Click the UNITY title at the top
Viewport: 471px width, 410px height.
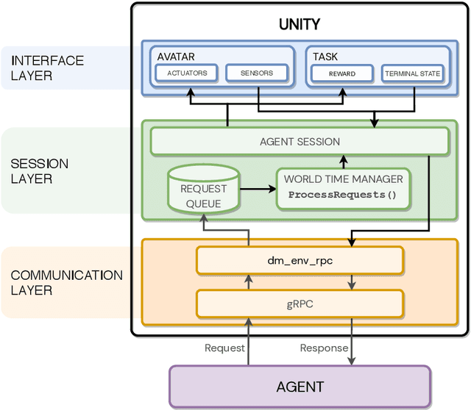point(300,24)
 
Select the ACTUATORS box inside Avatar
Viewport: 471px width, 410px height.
point(187,73)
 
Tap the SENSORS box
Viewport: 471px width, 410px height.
point(256,73)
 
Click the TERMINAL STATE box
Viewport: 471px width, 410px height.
point(411,73)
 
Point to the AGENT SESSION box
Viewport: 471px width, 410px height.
point(300,141)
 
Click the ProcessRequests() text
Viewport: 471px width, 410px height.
point(341,195)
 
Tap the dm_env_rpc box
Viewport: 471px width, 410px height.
point(300,259)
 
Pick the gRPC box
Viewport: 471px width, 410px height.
point(300,302)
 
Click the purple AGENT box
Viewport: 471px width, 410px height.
point(300,386)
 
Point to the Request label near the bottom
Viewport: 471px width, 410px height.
point(224,348)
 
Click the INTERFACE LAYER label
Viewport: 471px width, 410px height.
point(47,68)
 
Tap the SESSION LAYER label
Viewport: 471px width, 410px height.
point(40,171)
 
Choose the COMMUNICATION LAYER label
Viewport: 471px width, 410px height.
point(66,282)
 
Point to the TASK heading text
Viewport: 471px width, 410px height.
point(325,56)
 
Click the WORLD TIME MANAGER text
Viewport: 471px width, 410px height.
point(343,179)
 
